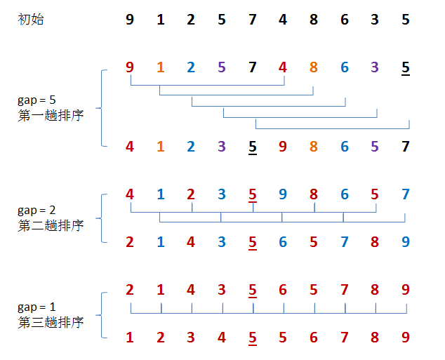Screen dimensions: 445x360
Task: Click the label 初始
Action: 30,20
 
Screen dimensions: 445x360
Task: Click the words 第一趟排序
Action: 51,115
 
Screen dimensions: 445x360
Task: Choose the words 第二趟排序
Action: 51,225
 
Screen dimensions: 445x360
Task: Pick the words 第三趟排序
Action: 51,323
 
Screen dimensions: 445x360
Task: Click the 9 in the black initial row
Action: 130,20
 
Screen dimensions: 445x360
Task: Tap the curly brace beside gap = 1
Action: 102,314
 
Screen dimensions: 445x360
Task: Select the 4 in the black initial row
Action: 283,20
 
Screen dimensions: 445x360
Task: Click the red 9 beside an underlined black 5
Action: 283,147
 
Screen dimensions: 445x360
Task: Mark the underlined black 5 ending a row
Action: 406,67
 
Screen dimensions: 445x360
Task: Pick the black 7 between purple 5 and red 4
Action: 253,67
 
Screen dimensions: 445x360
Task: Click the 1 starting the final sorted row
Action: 130,338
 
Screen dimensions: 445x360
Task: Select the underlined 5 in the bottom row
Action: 253,338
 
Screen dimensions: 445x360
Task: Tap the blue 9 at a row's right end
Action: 406,242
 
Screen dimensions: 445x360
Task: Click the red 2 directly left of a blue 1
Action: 130,242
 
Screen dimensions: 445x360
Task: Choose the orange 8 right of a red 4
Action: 314,67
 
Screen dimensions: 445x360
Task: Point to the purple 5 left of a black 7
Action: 375,147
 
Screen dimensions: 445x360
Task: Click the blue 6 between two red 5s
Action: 283,242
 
